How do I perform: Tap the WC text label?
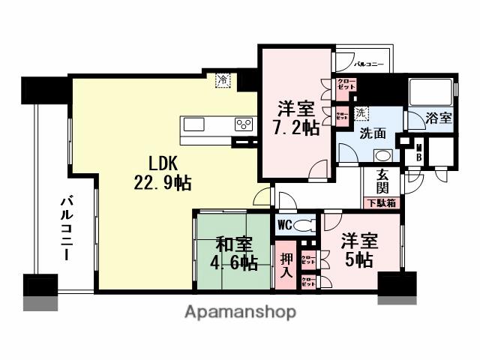click(285, 224)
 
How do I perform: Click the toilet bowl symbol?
click(304, 224)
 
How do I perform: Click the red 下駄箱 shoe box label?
click(382, 202)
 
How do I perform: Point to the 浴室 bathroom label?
click(439, 118)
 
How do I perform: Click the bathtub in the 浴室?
click(430, 93)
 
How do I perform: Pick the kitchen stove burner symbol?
click(244, 124)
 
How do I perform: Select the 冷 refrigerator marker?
click(223, 79)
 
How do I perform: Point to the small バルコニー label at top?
click(369, 65)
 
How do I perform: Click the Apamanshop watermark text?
click(240, 311)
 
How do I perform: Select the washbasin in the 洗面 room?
click(382, 155)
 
